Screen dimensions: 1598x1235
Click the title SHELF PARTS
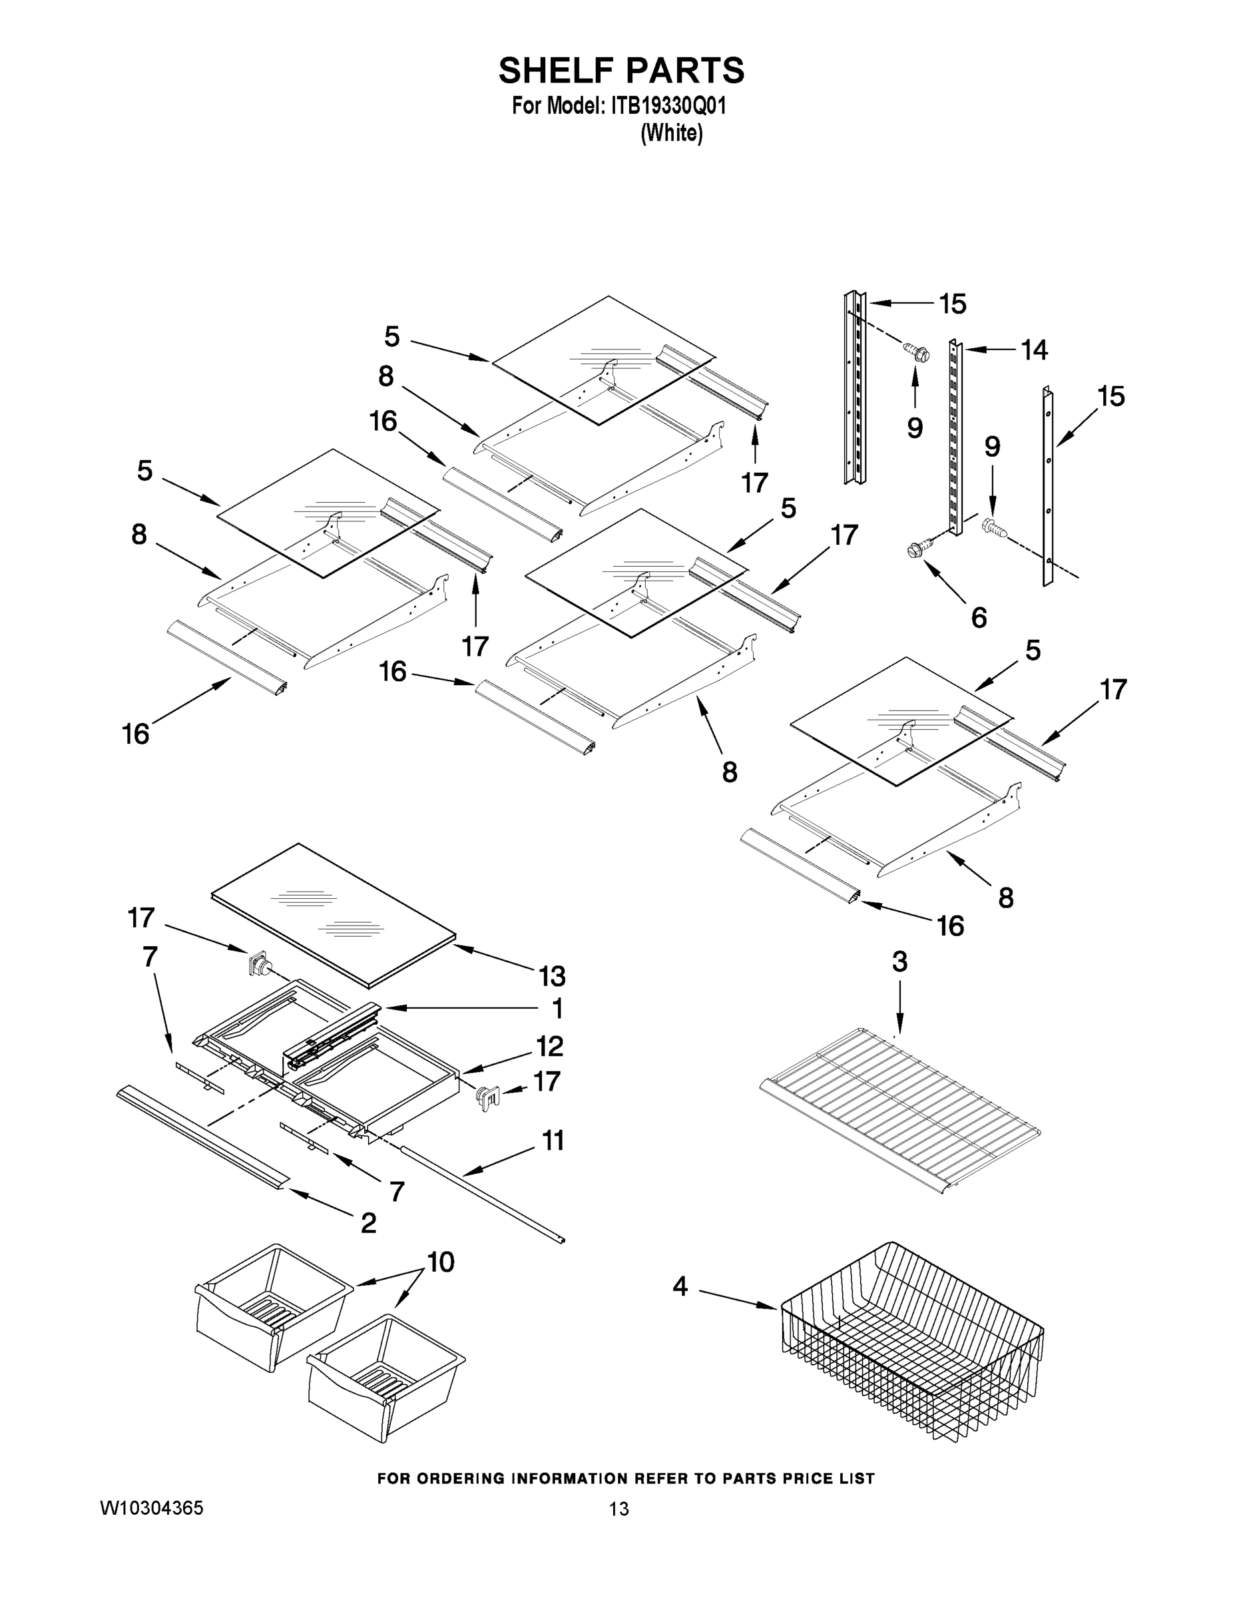pyautogui.click(x=621, y=71)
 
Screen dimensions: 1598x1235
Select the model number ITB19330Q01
pyautogui.click(x=664, y=106)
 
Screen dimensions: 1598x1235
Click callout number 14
pyautogui.click(x=1034, y=350)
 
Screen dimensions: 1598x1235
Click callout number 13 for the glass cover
pyautogui.click(x=552, y=975)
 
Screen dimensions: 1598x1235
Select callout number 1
pyautogui.click(x=557, y=1008)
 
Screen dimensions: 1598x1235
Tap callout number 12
pyautogui.click(x=549, y=1046)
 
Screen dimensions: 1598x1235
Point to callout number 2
pyautogui.click(x=368, y=1222)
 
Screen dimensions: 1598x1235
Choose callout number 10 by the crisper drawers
pyautogui.click(x=441, y=1262)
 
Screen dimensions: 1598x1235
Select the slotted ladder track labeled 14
pyautogui.click(x=955, y=439)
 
